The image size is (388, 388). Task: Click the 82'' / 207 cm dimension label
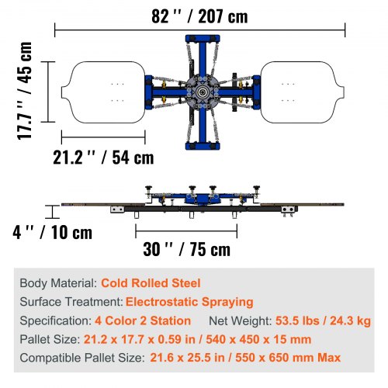point(199,16)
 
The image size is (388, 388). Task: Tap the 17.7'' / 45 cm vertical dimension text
point(25,91)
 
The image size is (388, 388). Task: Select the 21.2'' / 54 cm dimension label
point(103,157)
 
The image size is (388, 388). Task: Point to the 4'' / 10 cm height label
point(53,232)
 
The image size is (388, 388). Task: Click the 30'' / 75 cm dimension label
point(186,249)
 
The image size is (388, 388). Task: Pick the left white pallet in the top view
point(103,92)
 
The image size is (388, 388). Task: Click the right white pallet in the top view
point(302,92)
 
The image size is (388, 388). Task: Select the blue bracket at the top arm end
point(203,39)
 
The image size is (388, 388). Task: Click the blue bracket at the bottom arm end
point(203,146)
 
